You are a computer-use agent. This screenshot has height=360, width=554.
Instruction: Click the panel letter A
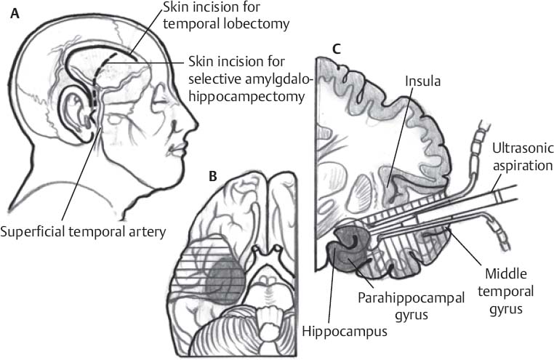click(x=15, y=14)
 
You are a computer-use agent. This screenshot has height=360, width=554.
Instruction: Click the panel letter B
click(x=213, y=176)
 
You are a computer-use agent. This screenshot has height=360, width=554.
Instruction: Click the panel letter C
click(x=337, y=49)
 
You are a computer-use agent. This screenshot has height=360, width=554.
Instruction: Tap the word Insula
click(x=423, y=81)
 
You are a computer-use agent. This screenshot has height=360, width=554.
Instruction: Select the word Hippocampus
click(x=345, y=332)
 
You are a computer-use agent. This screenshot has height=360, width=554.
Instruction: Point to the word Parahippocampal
click(x=411, y=298)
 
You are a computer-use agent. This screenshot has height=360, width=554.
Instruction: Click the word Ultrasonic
click(x=523, y=149)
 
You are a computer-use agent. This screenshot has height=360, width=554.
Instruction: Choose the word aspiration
click(x=523, y=165)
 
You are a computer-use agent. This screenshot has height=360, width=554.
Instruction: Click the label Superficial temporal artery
click(x=83, y=232)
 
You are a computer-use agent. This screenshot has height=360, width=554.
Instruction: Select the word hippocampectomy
click(x=246, y=96)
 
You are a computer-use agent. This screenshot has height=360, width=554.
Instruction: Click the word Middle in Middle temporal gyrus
click(x=506, y=273)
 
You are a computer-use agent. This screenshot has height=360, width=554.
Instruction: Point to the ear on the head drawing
click(x=75, y=112)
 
